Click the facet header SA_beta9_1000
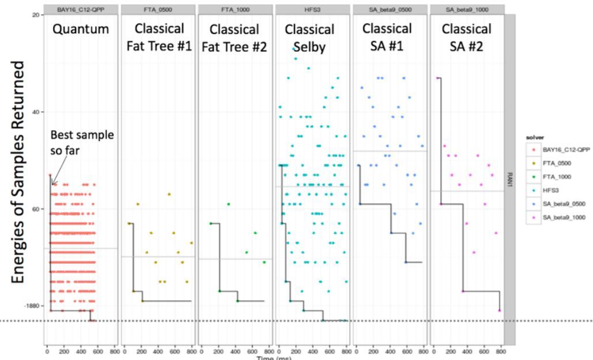pos(466,10)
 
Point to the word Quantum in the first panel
pos(81,29)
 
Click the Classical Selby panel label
pos(309,36)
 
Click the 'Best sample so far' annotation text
pos(82,142)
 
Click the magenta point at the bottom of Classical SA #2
pos(500,310)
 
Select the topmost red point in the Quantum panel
pos(50,175)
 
